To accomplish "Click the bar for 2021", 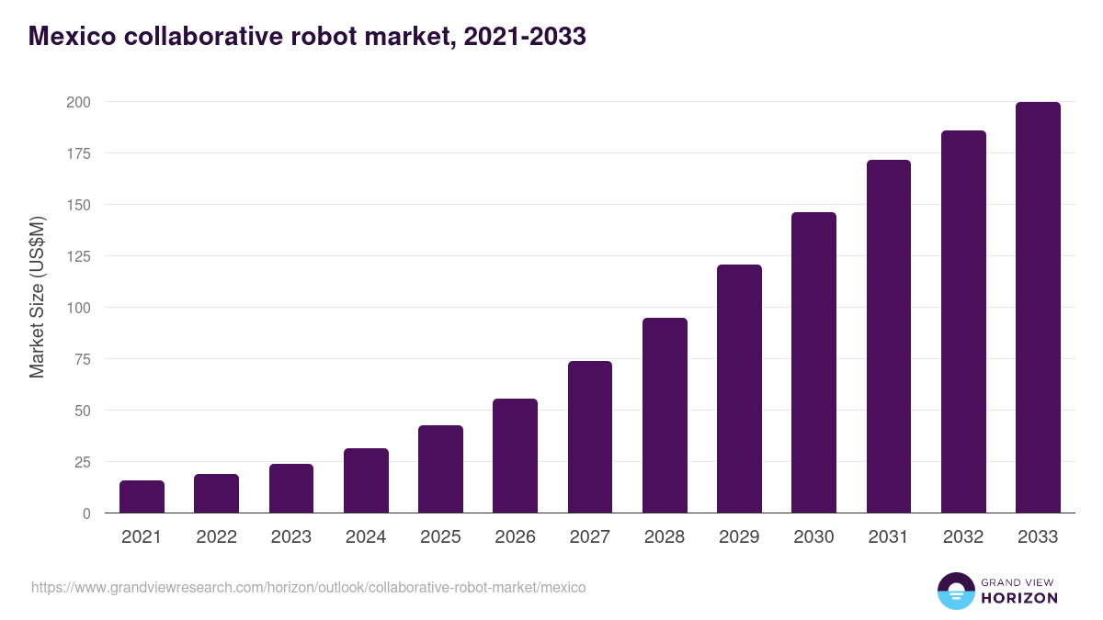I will point(142,497).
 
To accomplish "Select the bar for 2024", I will point(366,480).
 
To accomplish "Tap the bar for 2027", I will point(590,437).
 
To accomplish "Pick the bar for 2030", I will point(813,363).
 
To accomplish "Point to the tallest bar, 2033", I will point(1038,308).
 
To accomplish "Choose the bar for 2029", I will point(739,389).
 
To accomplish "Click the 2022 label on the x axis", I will point(216,537).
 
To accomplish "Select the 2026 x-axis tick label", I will point(515,537).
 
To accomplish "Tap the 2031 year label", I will point(889,537).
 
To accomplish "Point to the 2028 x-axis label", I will point(665,537).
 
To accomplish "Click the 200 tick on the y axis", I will point(78,102).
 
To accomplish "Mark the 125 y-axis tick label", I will point(78,256).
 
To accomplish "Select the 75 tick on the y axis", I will point(82,359).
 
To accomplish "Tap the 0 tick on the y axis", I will point(86,513).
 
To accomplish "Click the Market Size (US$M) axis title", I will point(37,298).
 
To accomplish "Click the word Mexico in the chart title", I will point(74,37).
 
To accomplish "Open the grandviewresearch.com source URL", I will point(308,587).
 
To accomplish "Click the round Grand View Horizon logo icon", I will point(955,591).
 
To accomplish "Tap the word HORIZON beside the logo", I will point(1019,598).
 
